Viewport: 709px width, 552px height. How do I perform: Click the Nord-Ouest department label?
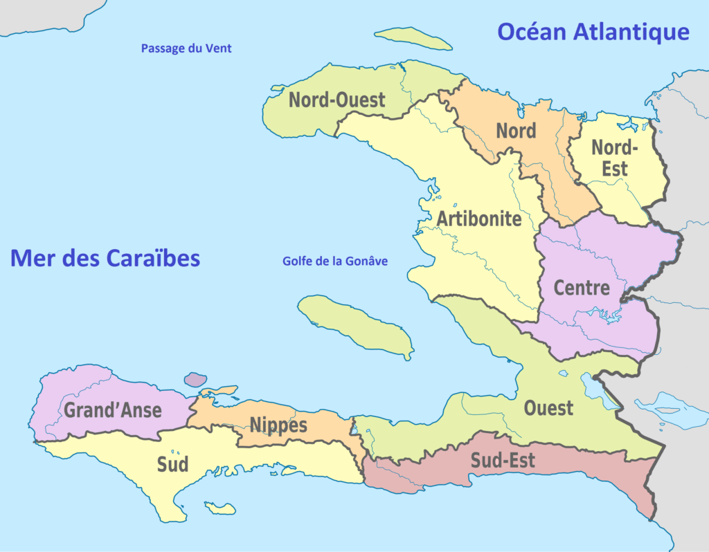click(336, 100)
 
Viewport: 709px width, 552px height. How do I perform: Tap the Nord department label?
click(516, 131)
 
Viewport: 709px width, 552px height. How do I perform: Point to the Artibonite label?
click(479, 219)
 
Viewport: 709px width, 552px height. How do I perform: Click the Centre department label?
click(582, 288)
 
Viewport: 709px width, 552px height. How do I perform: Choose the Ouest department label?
click(548, 408)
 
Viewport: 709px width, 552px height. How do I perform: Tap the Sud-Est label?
click(503, 460)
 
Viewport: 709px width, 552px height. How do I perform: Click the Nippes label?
click(278, 425)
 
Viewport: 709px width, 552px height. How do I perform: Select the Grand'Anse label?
click(113, 410)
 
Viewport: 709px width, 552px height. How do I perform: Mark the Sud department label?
click(172, 464)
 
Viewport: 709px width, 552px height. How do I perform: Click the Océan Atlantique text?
click(593, 32)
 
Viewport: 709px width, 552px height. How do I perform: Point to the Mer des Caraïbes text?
click(105, 258)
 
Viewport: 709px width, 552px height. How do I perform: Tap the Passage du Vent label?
click(186, 48)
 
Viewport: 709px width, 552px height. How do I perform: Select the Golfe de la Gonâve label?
click(335, 261)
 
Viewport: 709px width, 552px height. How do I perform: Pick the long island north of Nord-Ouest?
click(413, 39)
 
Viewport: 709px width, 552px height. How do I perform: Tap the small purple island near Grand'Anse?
click(195, 379)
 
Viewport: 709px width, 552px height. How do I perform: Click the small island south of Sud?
click(220, 508)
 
